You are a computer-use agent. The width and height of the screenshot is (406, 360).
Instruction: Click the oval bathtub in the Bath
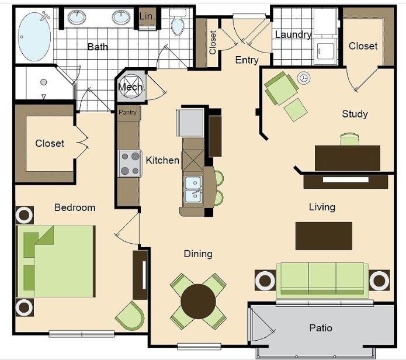coord(34,36)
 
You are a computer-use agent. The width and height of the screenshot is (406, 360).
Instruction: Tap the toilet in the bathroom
coord(178,23)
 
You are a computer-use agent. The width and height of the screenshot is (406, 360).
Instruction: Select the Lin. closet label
coord(147,16)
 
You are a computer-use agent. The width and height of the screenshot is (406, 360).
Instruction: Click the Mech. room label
coord(131,87)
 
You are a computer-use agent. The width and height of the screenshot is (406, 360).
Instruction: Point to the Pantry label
coord(128,112)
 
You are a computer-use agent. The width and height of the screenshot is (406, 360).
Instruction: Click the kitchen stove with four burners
coord(130,164)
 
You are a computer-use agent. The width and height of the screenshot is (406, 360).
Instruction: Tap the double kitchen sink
coord(193,189)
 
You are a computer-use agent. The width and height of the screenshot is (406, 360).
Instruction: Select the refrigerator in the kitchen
coord(190,123)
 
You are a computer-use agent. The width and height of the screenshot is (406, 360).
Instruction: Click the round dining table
coord(199,302)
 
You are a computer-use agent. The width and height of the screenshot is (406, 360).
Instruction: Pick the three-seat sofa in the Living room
coord(322,281)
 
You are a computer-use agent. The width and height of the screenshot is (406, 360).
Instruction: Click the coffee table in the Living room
coord(324,236)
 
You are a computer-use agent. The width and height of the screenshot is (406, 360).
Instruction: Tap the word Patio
coord(321,328)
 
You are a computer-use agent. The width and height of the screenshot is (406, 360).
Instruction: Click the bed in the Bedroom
coord(55,261)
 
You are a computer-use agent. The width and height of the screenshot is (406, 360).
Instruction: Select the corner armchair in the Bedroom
coord(130,316)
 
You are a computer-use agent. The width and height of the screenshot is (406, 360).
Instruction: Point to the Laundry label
coord(293,34)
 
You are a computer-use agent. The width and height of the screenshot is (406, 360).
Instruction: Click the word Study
coord(355,114)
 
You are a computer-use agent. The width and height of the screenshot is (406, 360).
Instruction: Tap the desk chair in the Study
coord(349,139)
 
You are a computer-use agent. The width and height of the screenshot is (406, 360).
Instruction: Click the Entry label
coord(247,60)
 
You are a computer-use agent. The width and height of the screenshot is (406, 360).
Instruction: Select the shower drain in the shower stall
coord(43,82)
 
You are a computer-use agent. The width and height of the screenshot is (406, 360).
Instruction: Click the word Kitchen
coord(162,160)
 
